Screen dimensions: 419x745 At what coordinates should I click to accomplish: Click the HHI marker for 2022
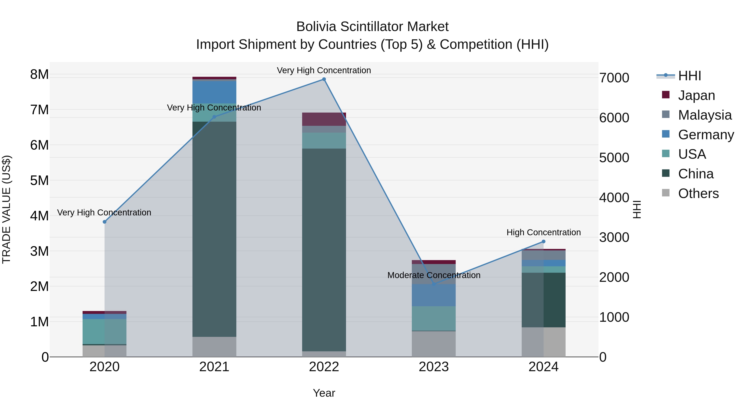324,79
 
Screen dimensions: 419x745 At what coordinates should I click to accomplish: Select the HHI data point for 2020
105,222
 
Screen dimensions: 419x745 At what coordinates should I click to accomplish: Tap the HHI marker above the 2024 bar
543,241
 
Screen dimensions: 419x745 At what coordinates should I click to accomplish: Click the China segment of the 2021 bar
214,228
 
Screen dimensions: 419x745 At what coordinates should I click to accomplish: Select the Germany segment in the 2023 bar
434,295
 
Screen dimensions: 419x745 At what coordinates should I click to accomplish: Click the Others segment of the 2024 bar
543,342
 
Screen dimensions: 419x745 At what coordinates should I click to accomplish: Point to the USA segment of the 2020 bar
105,331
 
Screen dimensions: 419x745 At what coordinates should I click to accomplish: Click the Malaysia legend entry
704,115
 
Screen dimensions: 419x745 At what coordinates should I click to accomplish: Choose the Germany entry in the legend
706,135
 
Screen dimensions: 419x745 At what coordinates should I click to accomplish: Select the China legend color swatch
666,173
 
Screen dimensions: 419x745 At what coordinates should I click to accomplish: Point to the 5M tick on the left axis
39,180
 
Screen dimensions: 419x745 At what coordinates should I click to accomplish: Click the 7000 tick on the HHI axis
614,78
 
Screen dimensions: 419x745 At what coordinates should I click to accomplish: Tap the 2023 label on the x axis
434,367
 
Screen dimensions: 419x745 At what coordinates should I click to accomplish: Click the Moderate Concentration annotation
434,275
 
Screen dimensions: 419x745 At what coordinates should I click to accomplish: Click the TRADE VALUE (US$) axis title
6,209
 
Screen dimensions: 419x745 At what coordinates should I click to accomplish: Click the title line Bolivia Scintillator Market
372,27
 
